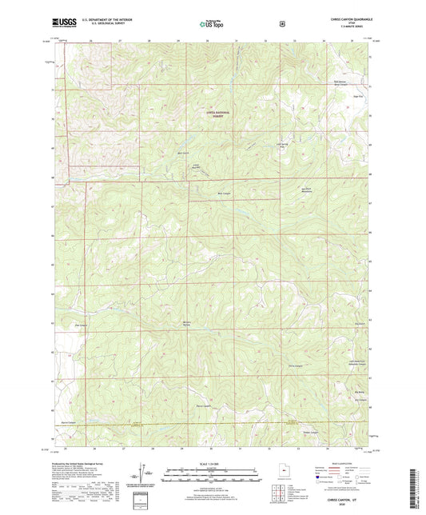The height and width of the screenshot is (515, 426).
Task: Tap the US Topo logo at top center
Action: (212, 25)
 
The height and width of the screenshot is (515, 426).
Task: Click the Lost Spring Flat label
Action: (281, 146)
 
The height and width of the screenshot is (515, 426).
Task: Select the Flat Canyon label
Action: (80, 325)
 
